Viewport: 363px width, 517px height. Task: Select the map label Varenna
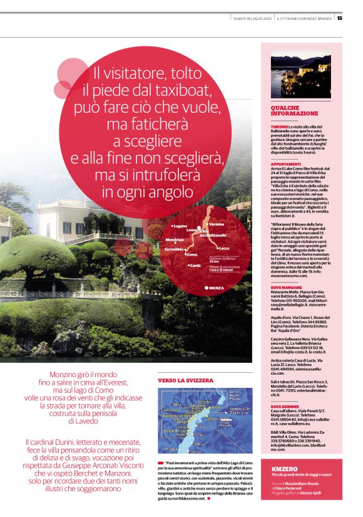[x=216, y=224]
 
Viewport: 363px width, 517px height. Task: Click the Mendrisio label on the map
[x=175, y=240]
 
